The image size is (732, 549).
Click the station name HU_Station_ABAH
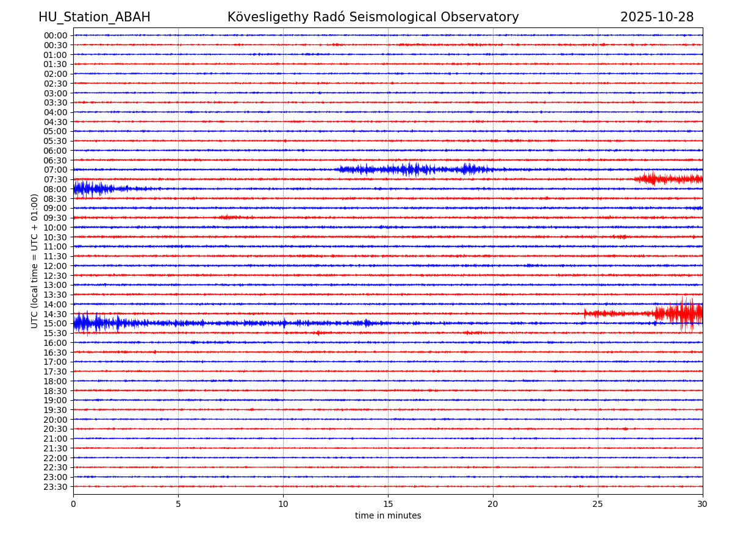tap(94, 18)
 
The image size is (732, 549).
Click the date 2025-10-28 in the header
tap(656, 18)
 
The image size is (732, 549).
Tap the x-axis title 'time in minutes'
tap(388, 516)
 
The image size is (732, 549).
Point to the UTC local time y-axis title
tap(35, 260)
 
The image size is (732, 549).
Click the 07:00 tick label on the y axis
tap(56, 170)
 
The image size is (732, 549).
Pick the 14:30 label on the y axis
tap(56, 314)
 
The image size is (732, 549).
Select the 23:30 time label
tap(56, 487)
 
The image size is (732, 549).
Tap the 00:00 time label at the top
tap(56, 35)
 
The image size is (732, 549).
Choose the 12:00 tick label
tap(56, 266)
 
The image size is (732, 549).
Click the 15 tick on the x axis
tap(388, 504)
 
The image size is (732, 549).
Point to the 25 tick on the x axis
tap(598, 504)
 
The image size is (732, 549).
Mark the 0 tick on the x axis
tap(73, 504)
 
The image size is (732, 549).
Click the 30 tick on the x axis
tap(703, 504)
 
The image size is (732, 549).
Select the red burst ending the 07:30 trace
tap(668, 179)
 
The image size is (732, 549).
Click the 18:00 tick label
tap(56, 381)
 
